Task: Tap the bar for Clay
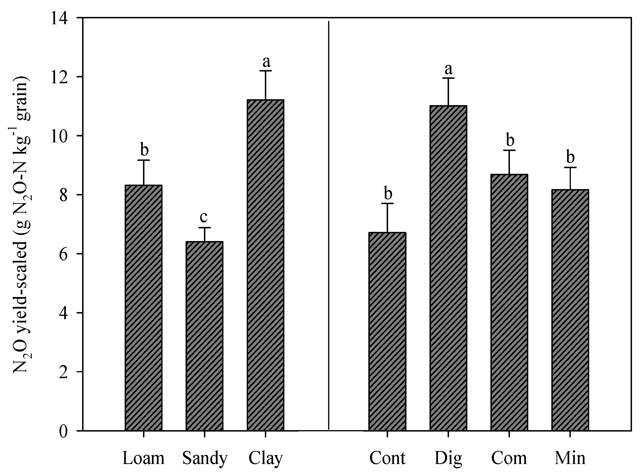265,265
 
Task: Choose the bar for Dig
448,268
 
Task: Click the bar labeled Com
509,302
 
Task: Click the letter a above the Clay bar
266,61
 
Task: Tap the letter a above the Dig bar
449,69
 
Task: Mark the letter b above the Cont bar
388,193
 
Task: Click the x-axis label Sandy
205,458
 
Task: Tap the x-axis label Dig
448,458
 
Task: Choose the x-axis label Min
570,458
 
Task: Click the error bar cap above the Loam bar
143,160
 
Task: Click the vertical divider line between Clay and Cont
329,225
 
